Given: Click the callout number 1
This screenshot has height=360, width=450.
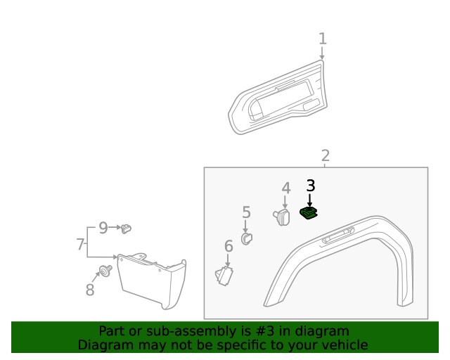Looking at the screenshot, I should [323, 39].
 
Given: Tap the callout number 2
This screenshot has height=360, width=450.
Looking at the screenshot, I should [326, 156].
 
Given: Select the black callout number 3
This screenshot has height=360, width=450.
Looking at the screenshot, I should [310, 186].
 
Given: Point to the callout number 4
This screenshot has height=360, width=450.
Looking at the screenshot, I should [286, 188].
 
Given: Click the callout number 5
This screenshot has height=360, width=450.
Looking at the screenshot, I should [246, 212].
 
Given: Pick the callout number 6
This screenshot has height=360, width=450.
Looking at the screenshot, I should [229, 246].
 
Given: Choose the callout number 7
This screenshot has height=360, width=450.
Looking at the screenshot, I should [81, 245].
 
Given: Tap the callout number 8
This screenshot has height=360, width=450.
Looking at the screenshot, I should [90, 290].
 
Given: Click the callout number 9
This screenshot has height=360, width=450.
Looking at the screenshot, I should [103, 228].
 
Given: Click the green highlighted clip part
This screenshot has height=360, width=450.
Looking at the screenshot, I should [308, 213].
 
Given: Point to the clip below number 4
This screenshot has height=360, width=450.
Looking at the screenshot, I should [282, 217].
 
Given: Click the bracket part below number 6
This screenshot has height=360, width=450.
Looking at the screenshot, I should [225, 275].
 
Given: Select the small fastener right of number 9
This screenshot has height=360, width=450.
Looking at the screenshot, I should [126, 228].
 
